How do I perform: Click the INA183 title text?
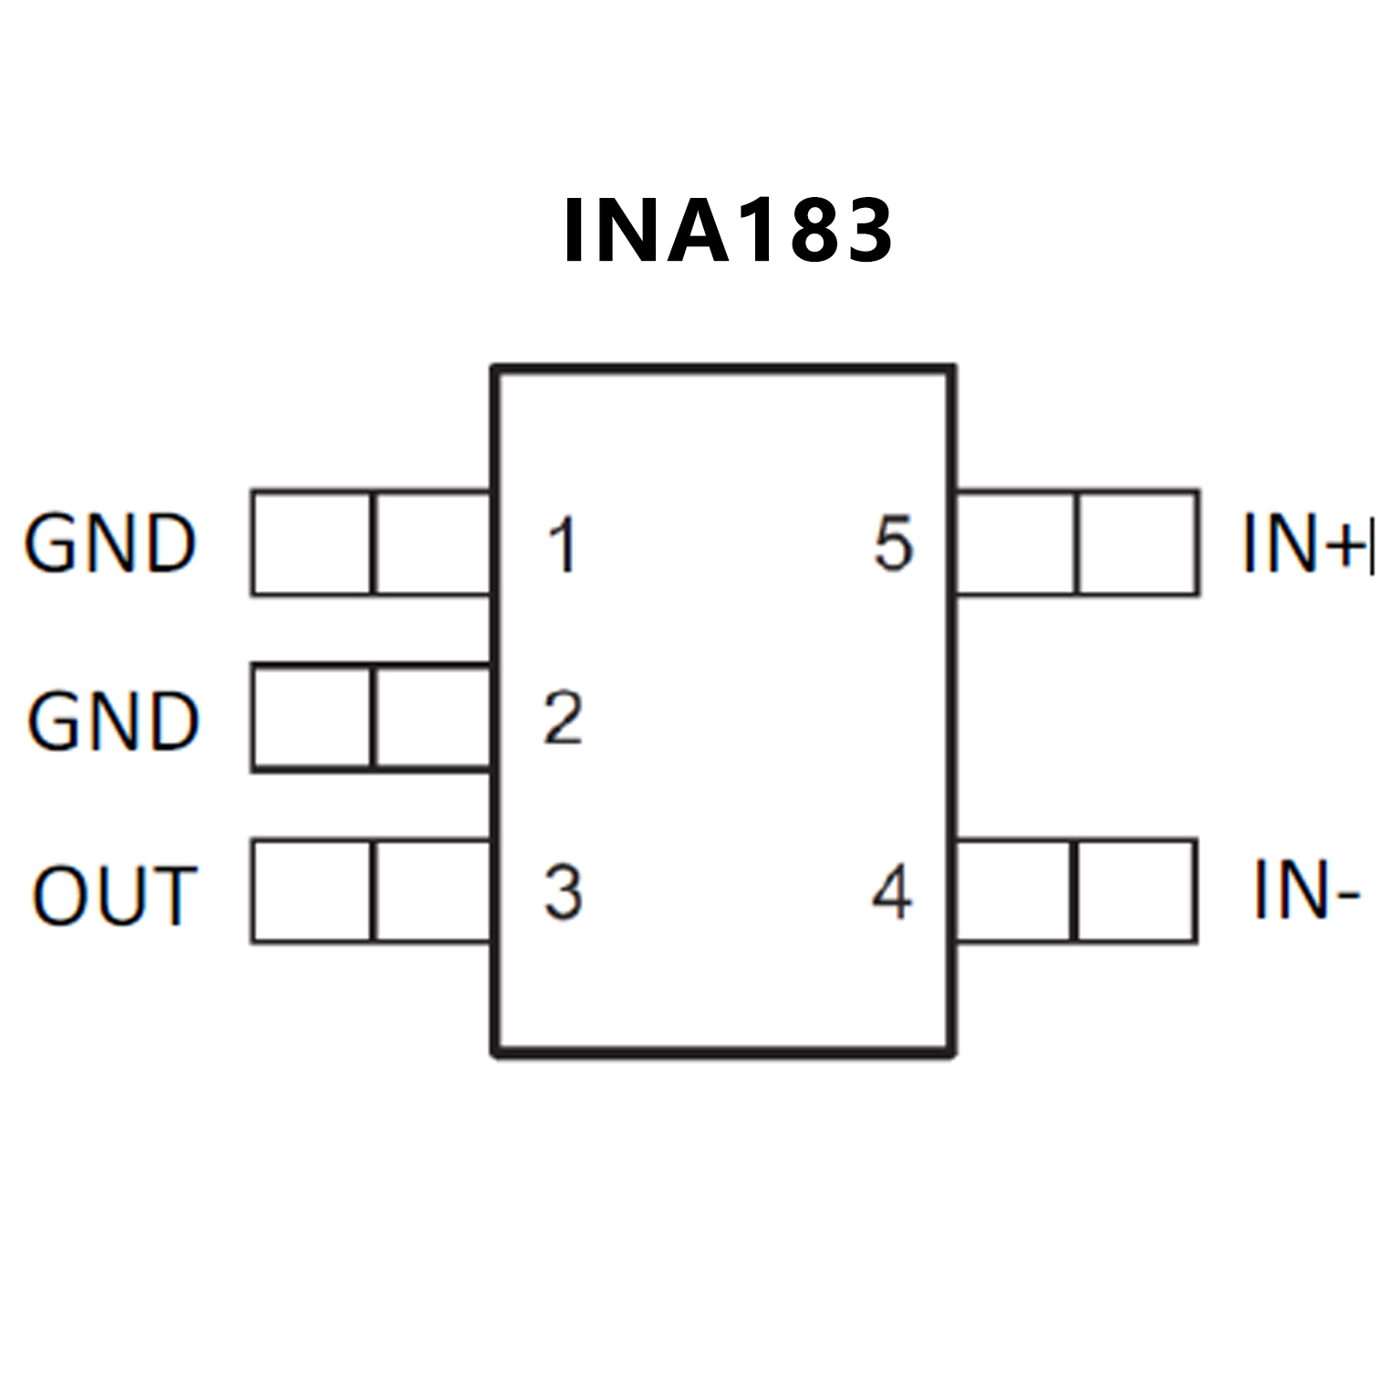[x=728, y=231]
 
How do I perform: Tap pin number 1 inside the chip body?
[x=562, y=545]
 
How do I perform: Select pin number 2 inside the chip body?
[x=563, y=720]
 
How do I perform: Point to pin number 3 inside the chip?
[x=563, y=892]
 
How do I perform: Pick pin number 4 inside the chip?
[x=892, y=892]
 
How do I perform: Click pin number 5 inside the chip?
[x=893, y=544]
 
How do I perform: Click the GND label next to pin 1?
[x=110, y=544]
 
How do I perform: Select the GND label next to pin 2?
[x=113, y=721]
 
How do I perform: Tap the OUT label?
[x=114, y=896]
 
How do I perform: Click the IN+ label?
[x=1306, y=544]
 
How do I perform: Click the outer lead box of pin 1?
[x=312, y=544]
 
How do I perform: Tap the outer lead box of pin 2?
[x=312, y=719]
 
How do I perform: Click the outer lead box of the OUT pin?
[x=312, y=891]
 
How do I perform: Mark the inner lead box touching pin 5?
[x=1015, y=544]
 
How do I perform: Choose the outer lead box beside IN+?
[x=1137, y=544]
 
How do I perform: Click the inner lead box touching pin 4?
[x=1014, y=891]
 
